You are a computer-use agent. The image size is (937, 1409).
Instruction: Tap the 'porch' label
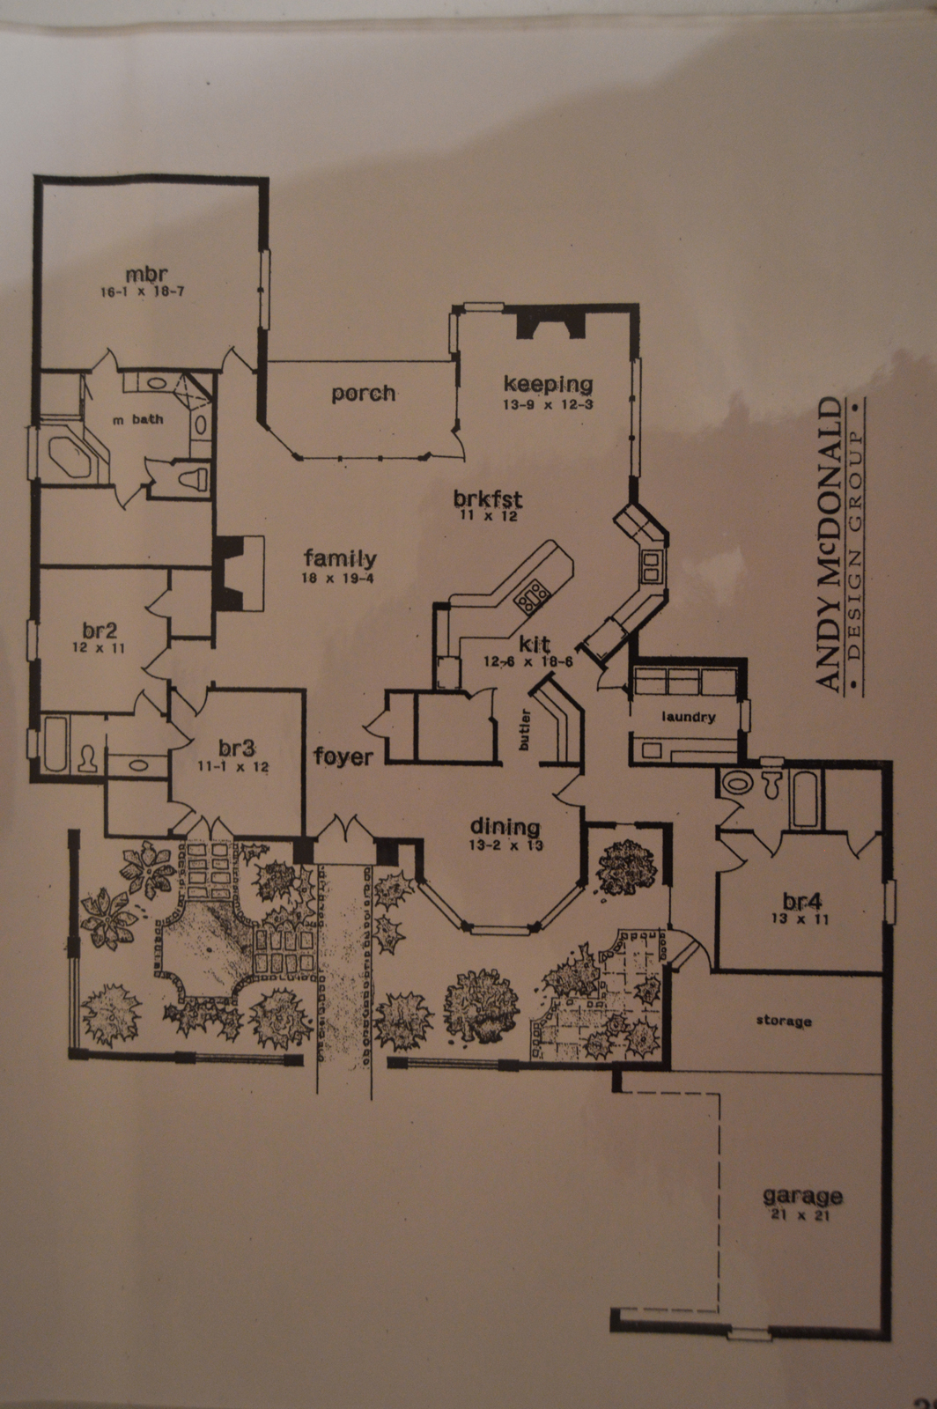364,394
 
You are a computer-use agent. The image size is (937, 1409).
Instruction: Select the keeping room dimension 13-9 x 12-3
548,404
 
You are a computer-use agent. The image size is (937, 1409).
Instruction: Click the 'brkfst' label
488,498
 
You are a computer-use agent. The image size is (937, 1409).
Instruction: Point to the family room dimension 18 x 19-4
338,578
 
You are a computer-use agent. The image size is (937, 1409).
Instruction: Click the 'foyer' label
343,756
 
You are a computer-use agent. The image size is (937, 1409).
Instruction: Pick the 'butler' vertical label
524,730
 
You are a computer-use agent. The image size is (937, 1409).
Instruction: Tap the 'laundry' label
688,717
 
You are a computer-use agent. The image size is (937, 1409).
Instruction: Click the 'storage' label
784,1021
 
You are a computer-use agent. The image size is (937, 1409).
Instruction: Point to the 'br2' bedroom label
100,630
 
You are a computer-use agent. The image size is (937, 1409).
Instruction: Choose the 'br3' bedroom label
237,748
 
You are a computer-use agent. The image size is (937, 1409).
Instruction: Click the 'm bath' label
137,419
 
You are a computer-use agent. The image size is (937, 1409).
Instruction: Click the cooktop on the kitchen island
532,596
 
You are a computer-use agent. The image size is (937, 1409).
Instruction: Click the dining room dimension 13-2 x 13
505,845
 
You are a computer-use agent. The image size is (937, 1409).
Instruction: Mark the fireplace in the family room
239,573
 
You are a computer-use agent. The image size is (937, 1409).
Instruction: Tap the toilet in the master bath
194,477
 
